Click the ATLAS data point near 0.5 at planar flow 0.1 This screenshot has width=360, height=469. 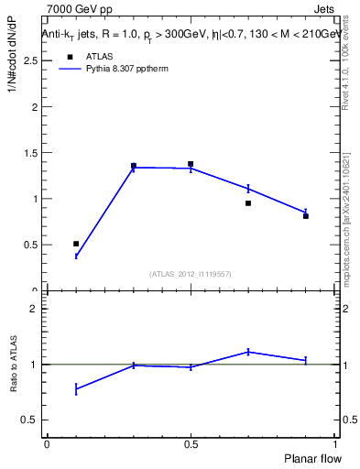click(76, 244)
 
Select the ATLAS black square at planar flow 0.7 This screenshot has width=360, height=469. click(248, 203)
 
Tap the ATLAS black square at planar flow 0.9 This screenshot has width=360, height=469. click(306, 216)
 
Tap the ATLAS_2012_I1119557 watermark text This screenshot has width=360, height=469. click(191, 274)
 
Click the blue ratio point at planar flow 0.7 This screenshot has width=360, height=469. click(248, 352)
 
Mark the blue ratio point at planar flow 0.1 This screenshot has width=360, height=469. click(76, 389)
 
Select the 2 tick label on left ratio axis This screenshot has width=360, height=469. click(33, 309)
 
